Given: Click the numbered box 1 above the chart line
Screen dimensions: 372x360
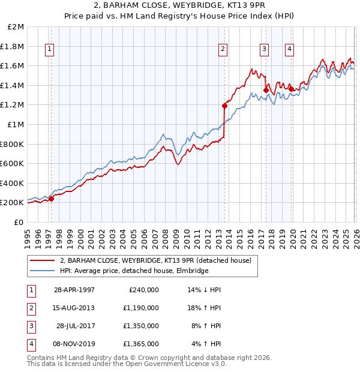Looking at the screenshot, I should (49, 50).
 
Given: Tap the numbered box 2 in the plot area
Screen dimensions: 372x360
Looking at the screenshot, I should (223, 50).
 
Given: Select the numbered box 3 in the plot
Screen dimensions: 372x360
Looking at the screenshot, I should (264, 50).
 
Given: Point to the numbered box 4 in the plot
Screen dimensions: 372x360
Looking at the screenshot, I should (289, 50).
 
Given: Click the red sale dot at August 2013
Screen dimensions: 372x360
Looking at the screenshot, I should (224, 106).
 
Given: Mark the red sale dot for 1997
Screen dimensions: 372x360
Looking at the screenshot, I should (52, 199).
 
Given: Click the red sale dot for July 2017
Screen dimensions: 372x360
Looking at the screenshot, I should (266, 90).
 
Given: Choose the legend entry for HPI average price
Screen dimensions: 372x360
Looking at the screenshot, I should (134, 271).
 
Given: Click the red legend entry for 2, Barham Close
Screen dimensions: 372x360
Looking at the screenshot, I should (158, 260).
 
